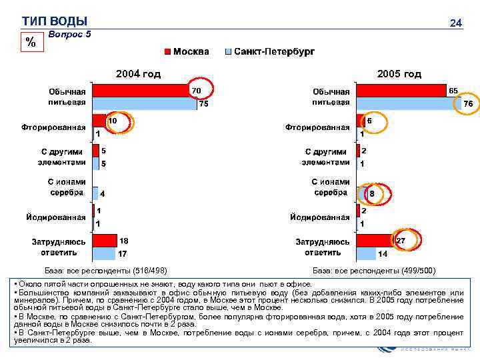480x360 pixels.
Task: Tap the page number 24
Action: point(456,23)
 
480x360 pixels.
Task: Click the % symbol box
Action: point(30,42)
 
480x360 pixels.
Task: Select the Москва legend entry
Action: point(187,51)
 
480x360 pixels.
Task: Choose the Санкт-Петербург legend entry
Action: point(269,51)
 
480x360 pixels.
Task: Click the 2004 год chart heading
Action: point(138,74)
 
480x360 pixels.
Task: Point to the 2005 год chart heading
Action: point(399,74)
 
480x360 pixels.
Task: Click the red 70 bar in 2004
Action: point(140,91)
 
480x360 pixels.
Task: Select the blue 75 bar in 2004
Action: point(144,103)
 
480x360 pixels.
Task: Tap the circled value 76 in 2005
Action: point(467,104)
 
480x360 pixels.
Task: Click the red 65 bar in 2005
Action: point(401,91)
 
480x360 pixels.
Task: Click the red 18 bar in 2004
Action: point(104,241)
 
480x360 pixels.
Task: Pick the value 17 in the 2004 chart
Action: point(123,254)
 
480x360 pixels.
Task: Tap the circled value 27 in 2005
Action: point(401,240)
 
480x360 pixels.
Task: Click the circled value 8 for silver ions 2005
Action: point(372,193)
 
